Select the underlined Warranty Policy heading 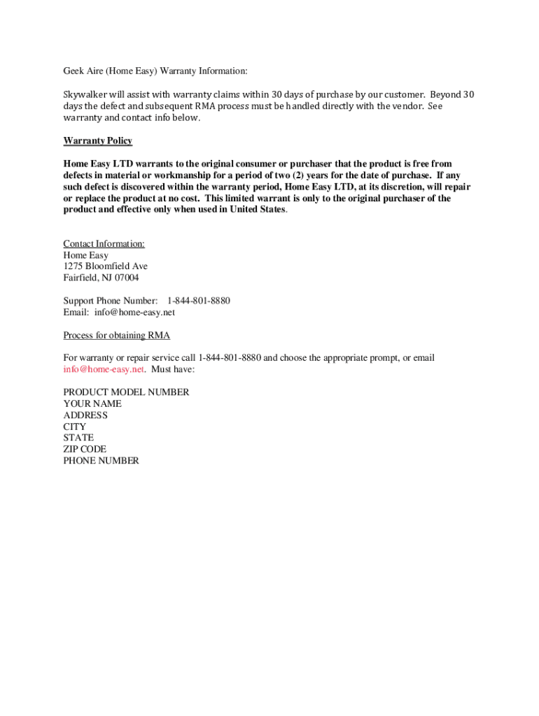point(97,141)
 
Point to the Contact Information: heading point(104,243)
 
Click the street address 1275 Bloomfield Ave point(105,266)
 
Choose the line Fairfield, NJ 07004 point(101,278)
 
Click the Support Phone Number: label point(111,301)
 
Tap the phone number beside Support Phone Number point(198,301)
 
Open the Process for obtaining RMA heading point(116,335)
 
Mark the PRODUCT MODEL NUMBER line point(126,392)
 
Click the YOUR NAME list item point(92,403)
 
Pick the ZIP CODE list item point(85,449)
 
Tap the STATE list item point(78,438)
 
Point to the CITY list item point(75,427)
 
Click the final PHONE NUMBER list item point(101,461)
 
